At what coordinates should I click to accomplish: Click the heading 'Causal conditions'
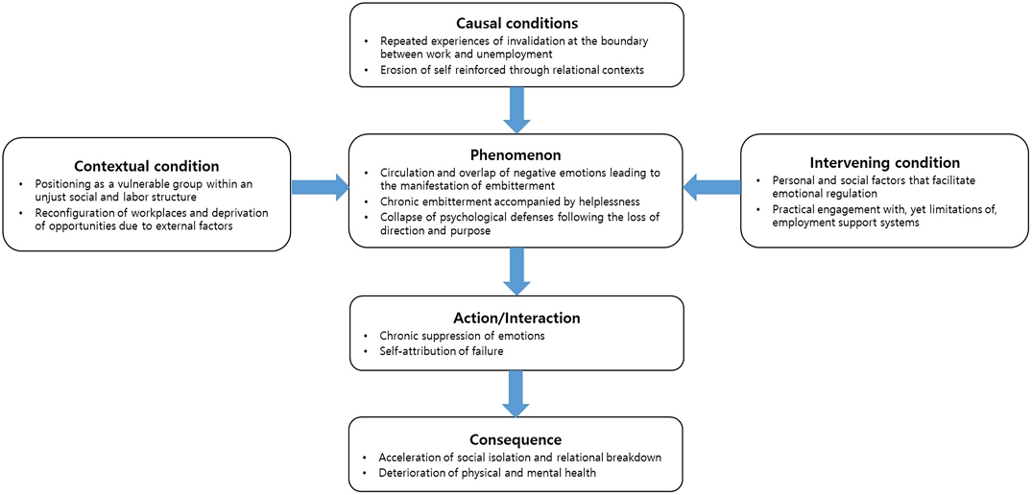point(516,23)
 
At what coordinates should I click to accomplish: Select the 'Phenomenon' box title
point(516,153)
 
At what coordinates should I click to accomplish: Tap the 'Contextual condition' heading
point(146,165)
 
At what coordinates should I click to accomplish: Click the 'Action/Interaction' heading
point(516,318)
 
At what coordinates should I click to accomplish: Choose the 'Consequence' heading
point(516,439)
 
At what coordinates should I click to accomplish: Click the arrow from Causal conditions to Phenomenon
point(516,109)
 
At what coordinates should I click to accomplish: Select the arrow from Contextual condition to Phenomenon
point(320,187)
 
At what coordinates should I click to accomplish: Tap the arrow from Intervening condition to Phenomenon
point(711,187)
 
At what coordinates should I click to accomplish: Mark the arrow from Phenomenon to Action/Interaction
point(516,271)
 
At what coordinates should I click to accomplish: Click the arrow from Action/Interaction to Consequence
point(516,391)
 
